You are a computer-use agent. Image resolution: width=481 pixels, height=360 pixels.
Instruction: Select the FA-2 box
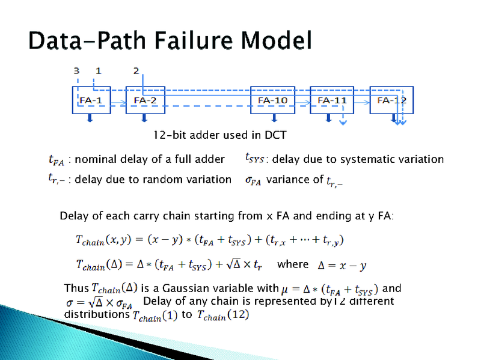(146, 100)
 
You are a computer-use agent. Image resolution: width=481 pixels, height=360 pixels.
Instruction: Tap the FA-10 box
(272, 100)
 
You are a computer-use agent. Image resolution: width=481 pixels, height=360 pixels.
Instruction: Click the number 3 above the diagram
(76, 71)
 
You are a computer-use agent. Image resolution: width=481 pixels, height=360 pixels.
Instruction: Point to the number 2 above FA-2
(136, 71)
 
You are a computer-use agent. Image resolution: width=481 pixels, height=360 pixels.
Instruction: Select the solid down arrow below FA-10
(274, 118)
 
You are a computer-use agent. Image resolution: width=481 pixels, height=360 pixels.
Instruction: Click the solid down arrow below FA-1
(90, 118)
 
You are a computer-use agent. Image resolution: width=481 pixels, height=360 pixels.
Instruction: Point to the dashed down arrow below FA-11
(342, 120)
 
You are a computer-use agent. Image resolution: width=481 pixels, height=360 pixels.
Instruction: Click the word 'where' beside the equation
(292, 264)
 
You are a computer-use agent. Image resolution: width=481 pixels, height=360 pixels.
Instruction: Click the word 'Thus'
(76, 288)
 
